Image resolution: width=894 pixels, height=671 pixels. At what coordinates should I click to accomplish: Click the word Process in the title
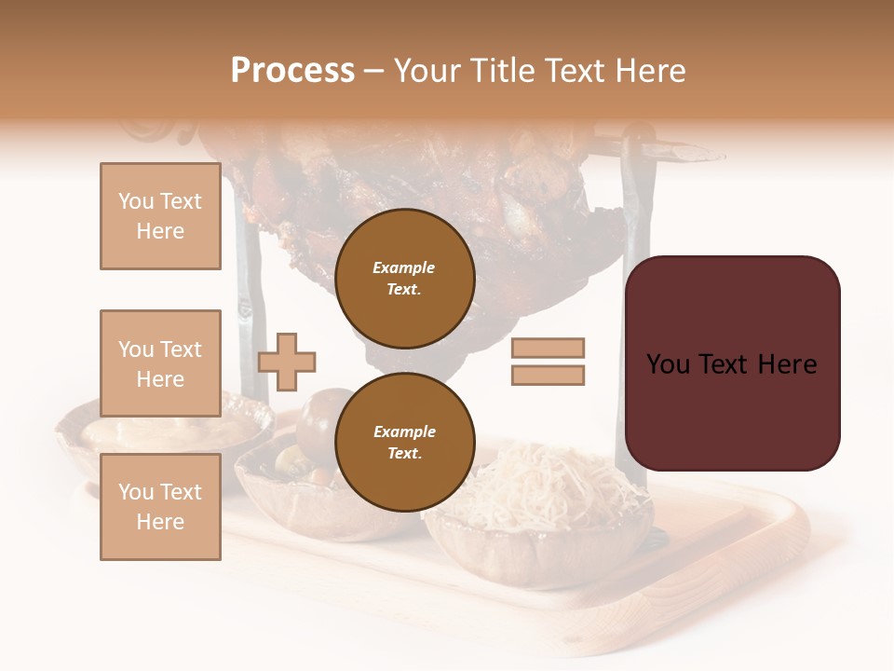[x=292, y=71]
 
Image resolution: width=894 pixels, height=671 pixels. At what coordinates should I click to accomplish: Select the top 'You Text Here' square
[x=160, y=216]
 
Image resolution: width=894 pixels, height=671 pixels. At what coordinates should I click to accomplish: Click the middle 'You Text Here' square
[x=160, y=363]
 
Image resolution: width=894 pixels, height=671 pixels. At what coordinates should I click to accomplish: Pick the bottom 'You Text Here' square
[x=160, y=507]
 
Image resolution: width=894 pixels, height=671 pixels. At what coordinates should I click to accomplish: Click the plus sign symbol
[x=287, y=361]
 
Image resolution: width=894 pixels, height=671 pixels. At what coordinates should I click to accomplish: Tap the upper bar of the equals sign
[x=548, y=348]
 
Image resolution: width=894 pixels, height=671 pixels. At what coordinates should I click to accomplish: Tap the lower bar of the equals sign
[x=548, y=375]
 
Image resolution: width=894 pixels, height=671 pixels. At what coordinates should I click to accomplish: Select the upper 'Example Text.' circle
[x=404, y=279]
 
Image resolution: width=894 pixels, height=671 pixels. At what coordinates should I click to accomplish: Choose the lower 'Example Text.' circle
[x=404, y=443]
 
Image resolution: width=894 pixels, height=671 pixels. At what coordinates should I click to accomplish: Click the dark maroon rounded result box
[x=732, y=363]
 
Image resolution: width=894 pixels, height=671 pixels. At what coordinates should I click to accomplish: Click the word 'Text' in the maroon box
[x=731, y=364]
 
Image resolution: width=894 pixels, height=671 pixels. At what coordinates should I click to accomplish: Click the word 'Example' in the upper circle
[x=404, y=267]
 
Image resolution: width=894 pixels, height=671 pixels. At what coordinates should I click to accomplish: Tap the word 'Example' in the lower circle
[x=404, y=431]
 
